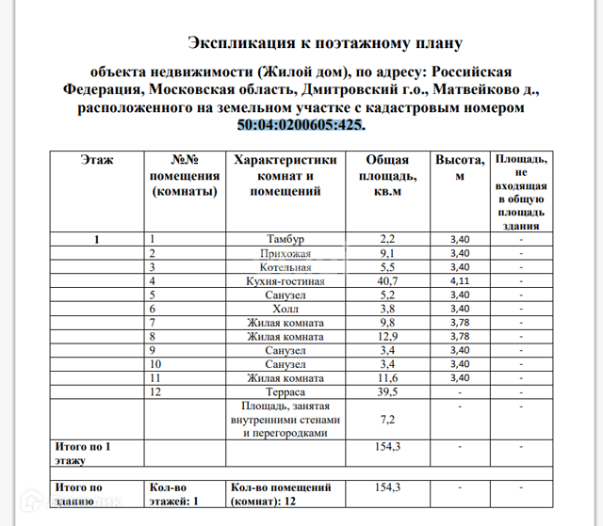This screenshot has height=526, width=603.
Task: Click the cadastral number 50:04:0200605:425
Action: point(301,125)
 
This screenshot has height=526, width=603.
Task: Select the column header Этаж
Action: point(97,160)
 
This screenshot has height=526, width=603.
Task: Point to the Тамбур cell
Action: point(285,239)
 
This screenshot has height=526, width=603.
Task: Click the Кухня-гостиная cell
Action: point(285,280)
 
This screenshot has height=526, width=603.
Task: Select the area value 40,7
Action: point(387,280)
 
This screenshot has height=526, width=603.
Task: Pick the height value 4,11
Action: point(460,280)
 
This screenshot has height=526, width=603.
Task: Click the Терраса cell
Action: point(285,391)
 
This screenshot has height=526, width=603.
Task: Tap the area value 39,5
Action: point(387,391)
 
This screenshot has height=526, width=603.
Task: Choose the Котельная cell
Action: point(285,267)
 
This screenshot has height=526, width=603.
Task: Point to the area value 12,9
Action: point(387,336)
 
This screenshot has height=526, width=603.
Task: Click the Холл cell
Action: point(285,309)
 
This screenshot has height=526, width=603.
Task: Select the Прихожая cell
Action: point(285,253)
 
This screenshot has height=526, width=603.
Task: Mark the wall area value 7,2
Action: point(387,420)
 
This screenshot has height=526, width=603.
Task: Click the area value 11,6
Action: point(387,377)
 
